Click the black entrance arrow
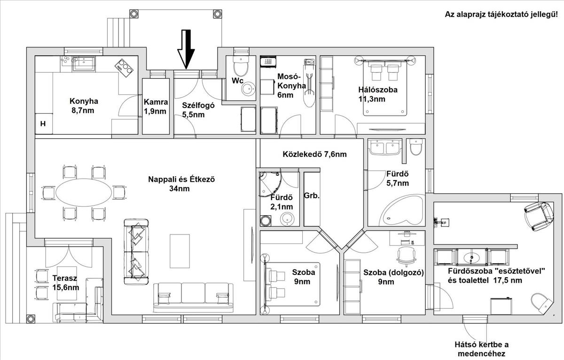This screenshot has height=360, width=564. click(186, 49)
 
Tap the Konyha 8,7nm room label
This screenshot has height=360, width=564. click(84, 106)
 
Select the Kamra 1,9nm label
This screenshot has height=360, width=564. click(156, 107)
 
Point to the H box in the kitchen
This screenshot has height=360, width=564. click(43, 124)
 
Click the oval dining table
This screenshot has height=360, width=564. click(84, 193)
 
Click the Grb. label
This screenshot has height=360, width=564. click(312, 196)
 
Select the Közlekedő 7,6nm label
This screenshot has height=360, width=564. click(314, 154)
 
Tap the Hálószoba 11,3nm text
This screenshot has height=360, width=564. click(378, 94)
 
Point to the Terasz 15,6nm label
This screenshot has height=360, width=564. click(65, 283)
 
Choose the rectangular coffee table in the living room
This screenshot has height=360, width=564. click(180, 251)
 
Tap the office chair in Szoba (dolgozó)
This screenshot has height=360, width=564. click(406, 256)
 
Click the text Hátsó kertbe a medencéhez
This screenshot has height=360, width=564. click(481, 349)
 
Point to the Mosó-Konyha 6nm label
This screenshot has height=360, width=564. click(291, 86)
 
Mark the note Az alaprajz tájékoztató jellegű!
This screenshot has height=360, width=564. click(502, 15)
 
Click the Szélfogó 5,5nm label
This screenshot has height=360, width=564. click(198, 110)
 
